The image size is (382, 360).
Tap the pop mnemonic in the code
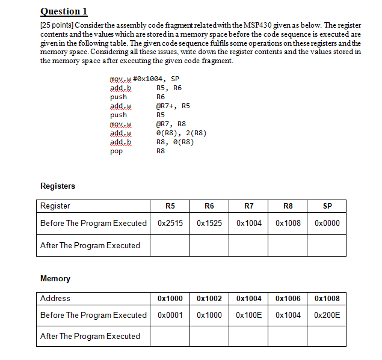tap(117, 151)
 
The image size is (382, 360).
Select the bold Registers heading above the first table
tap(58, 186)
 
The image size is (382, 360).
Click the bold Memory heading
tap(55, 279)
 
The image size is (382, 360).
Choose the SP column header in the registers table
tap(327, 206)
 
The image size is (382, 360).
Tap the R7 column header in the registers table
tap(249, 206)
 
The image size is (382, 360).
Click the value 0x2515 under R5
tap(170, 224)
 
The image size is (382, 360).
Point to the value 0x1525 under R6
tap(209, 224)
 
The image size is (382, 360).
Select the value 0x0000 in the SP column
tap(327, 224)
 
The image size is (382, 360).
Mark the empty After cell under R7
tap(249, 245)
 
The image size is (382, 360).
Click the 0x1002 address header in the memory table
tap(209, 299)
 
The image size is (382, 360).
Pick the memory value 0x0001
tap(170, 316)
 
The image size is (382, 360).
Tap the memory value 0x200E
tap(327, 316)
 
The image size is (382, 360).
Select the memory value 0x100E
tap(249, 316)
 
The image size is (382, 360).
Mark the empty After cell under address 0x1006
tap(288, 337)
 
